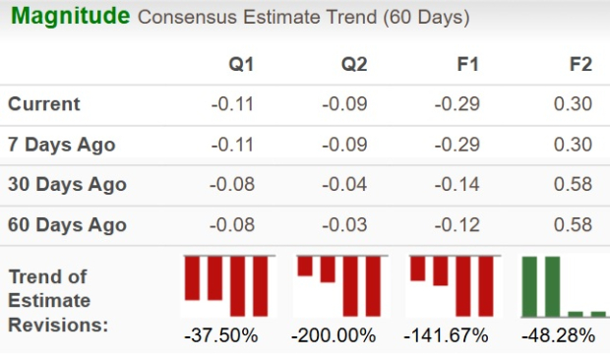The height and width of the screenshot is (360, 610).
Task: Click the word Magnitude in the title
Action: click(71, 17)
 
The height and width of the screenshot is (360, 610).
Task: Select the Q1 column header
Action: click(241, 65)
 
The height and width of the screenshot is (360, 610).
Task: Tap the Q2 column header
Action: click(354, 65)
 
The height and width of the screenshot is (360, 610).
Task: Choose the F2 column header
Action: click(580, 65)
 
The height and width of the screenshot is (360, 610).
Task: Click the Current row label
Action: click(44, 104)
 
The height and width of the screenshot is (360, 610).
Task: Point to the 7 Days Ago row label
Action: click(61, 145)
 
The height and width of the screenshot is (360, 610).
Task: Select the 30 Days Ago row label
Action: click(67, 185)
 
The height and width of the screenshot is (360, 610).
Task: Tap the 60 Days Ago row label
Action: click(67, 225)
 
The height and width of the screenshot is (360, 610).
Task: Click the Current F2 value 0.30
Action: click(575, 104)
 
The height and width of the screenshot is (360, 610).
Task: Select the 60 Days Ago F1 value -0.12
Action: click(457, 225)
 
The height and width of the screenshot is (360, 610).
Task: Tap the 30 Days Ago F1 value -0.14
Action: click(457, 185)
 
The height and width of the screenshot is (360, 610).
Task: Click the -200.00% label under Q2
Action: click(334, 335)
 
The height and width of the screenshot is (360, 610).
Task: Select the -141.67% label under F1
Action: click(446, 335)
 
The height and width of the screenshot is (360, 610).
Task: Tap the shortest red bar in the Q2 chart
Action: click(305, 266)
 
